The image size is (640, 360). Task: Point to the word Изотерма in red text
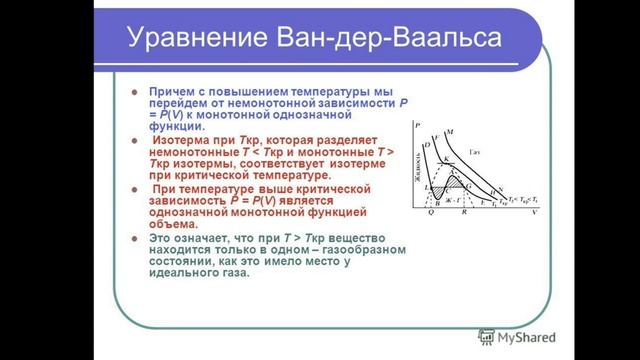(x=181, y=141)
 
